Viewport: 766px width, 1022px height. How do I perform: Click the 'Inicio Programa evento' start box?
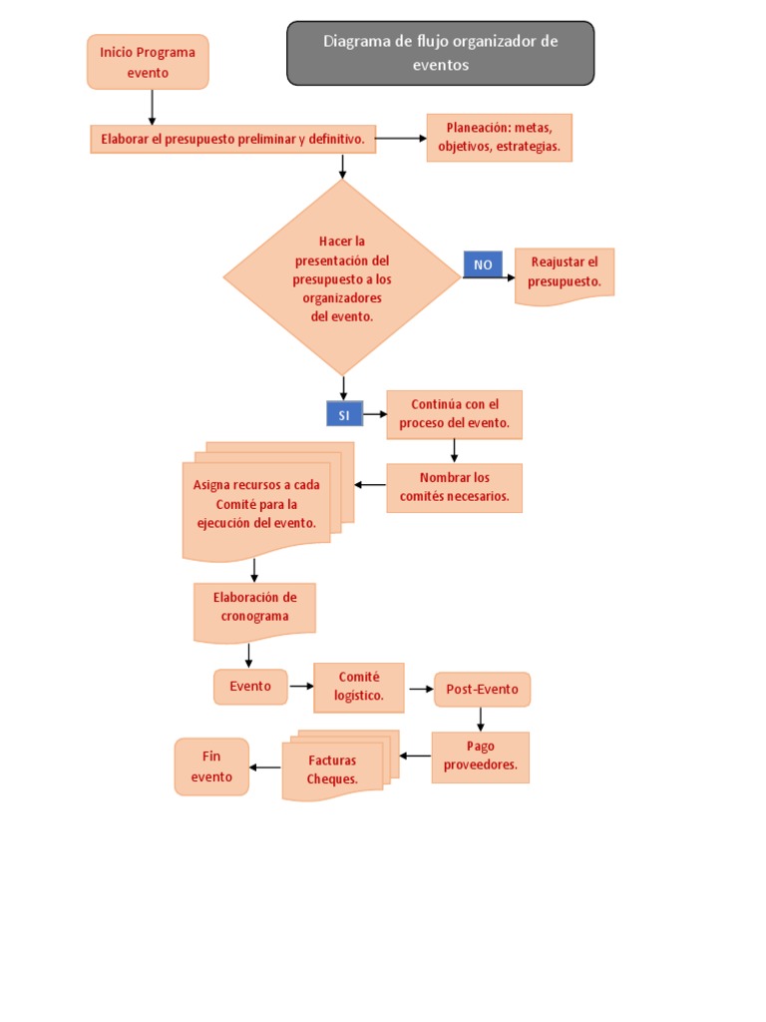click(x=148, y=62)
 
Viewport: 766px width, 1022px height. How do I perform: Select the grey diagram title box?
click(x=440, y=53)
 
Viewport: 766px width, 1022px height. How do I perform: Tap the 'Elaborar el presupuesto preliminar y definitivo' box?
click(x=233, y=139)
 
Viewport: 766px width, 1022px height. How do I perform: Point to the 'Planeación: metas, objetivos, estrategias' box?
click(x=500, y=138)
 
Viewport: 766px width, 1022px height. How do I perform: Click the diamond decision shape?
click(x=342, y=277)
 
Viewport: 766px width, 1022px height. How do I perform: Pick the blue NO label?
click(x=483, y=264)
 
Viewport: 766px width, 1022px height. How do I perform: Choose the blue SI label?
click(x=344, y=414)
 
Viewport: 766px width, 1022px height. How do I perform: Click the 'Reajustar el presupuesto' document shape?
click(x=565, y=275)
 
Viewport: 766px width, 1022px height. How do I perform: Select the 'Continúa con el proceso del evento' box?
click(x=455, y=414)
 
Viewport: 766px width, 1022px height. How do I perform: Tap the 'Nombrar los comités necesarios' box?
click(x=455, y=487)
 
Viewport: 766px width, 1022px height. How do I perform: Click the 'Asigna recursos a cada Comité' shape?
click(x=267, y=502)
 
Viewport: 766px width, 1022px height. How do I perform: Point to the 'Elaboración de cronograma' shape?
click(x=254, y=612)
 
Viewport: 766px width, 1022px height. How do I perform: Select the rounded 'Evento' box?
click(x=250, y=687)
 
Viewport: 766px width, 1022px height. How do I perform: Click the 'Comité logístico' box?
click(x=359, y=687)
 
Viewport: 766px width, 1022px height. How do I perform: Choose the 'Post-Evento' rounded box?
click(x=482, y=689)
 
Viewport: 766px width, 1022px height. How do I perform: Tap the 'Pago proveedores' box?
click(x=481, y=757)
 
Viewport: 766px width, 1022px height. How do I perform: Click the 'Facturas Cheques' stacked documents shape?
click(x=340, y=766)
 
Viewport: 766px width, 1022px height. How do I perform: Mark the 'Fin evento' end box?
click(x=211, y=766)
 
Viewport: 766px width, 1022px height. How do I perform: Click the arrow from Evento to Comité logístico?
click(x=301, y=687)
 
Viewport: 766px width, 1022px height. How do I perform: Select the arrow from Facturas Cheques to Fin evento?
click(x=265, y=767)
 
